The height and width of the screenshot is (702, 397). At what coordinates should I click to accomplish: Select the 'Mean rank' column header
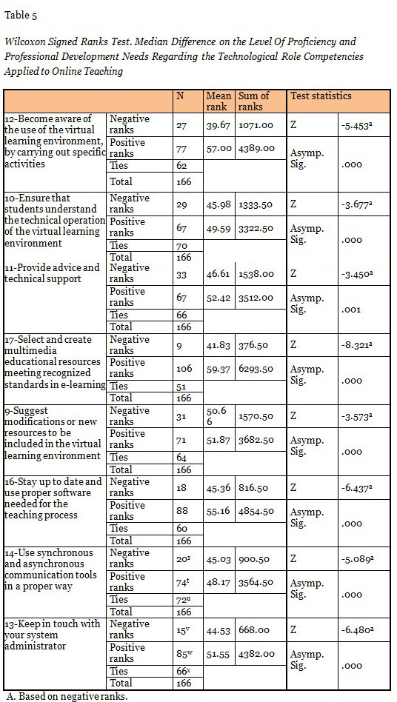[x=218, y=101]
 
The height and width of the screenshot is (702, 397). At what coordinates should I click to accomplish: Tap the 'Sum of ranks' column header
[x=254, y=101]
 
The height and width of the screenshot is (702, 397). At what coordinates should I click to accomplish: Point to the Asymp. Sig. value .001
[x=351, y=310]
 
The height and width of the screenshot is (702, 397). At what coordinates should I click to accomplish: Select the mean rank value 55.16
[x=218, y=511]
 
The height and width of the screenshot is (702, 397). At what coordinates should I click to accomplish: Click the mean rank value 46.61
[x=218, y=274]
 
